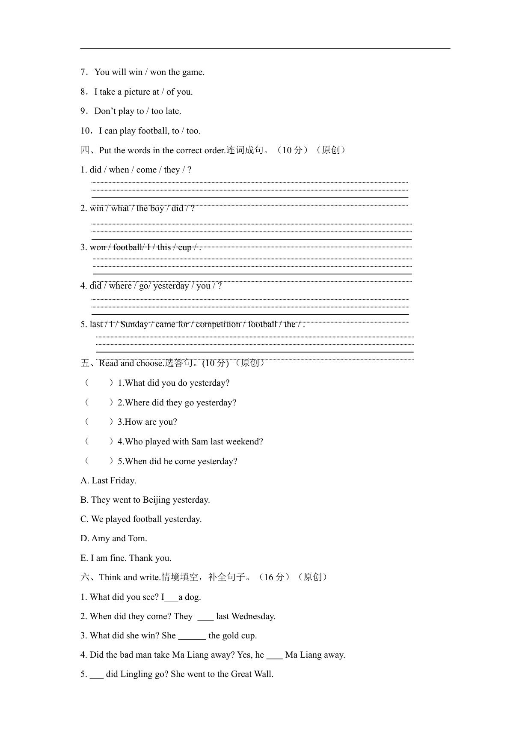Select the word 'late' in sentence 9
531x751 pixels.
pos(172,111)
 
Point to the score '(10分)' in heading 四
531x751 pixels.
pos(293,150)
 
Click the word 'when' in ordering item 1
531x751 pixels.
pos(119,170)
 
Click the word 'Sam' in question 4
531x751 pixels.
pos(199,441)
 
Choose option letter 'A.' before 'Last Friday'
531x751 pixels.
pos(85,480)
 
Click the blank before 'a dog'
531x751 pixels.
pos(171,598)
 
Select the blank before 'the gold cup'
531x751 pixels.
pos(192,636)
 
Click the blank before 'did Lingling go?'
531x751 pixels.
pos(97,675)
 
